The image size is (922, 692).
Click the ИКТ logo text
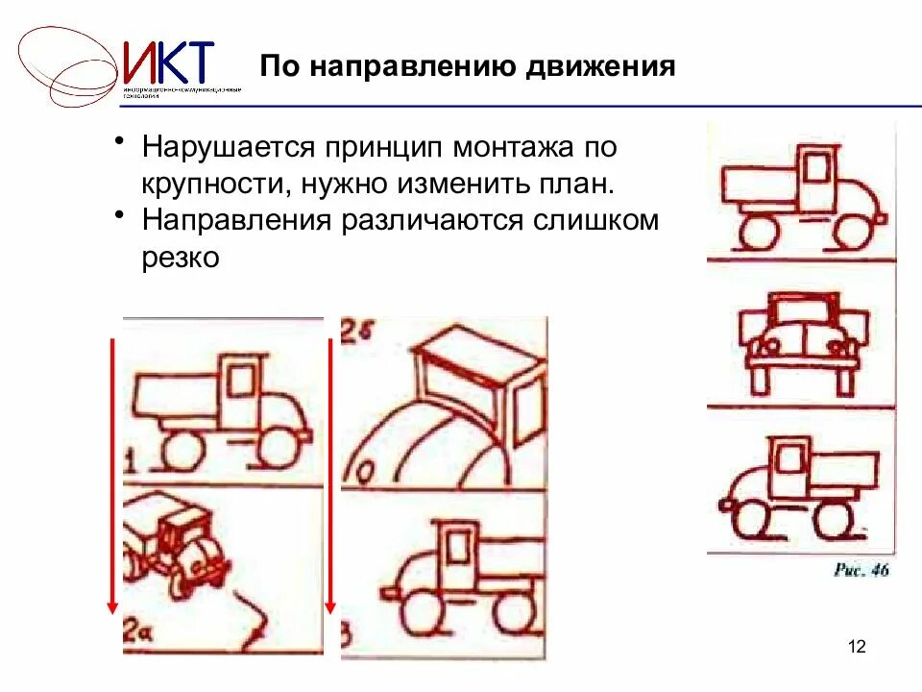click(168, 62)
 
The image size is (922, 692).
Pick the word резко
click(182, 257)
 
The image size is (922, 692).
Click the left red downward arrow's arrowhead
click(112, 605)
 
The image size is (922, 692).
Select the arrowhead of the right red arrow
click(330, 605)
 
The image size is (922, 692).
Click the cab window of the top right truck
click(817, 168)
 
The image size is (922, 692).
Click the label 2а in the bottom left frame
click(134, 632)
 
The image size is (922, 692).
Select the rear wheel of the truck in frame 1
click(180, 446)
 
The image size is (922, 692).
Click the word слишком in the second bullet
click(594, 220)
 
